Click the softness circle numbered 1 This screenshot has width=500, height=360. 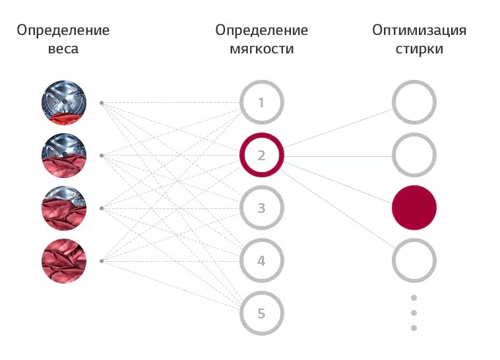click(261, 103)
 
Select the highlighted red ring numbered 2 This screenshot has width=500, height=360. click(261, 156)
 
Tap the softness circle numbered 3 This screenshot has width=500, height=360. click(261, 208)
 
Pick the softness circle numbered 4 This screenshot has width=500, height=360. click(261, 261)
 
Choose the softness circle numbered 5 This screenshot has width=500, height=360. click(261, 314)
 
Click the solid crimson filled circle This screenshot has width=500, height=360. click(414, 208)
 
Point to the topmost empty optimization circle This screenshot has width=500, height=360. click(414, 103)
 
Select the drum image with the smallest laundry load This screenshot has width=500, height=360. click(63, 103)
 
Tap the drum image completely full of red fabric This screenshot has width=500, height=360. click(63, 261)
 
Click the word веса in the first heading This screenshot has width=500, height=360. click(63, 49)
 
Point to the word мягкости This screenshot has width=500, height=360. click(261, 49)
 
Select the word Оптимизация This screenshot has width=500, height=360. click(419, 30)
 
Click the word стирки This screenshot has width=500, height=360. click(419, 49)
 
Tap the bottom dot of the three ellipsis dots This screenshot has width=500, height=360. click(414, 328)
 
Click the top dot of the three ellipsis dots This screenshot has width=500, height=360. click(414, 297)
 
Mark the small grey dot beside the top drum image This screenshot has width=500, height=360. click(101, 103)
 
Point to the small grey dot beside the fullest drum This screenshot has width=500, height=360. click(101, 261)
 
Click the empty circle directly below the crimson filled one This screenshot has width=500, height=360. click(414, 261)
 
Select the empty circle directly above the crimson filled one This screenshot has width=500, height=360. click(414, 156)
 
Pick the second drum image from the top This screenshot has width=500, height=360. click(63, 156)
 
